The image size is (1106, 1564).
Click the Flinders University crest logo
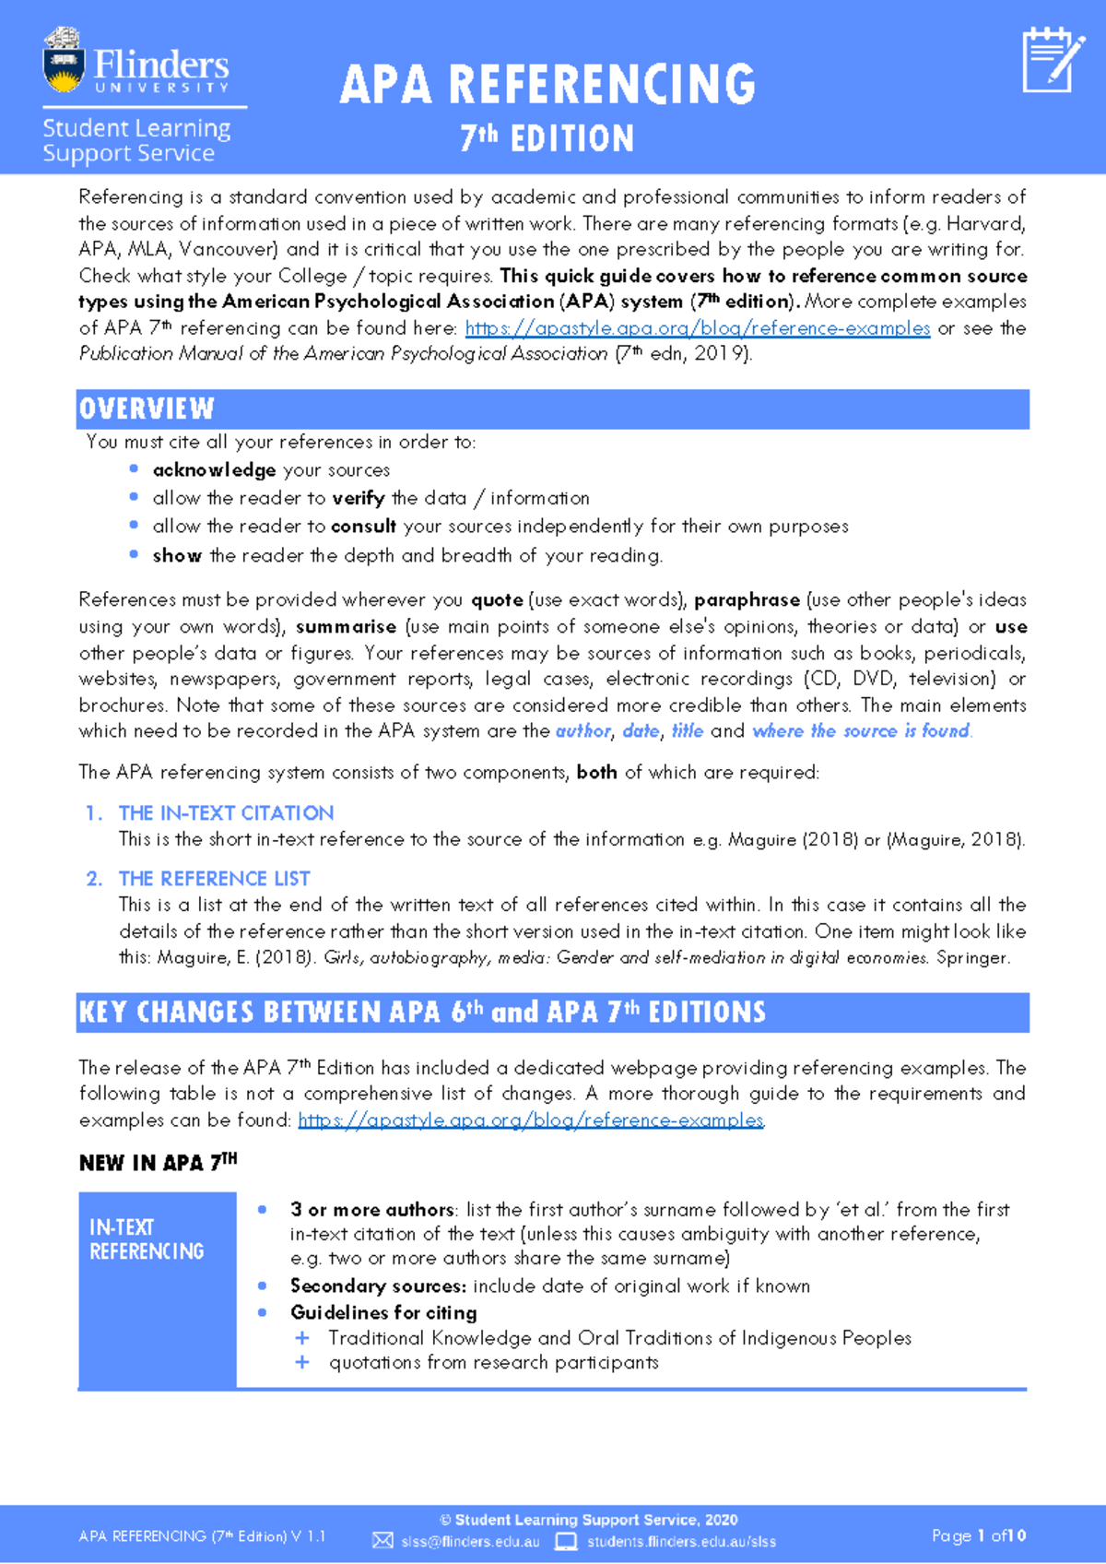pos(64,61)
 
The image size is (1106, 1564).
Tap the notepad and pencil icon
pos(1053,61)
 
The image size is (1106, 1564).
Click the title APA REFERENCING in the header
pos(547,85)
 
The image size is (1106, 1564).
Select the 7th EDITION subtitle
pos(547,139)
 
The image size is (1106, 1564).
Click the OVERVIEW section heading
pos(147,409)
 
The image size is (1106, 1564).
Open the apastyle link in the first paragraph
pos(697,328)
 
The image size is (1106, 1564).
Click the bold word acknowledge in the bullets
pos(214,470)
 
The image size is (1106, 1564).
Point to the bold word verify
pos(359,498)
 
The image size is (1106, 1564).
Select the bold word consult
pos(363,527)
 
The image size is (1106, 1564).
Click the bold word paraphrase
pos(747,600)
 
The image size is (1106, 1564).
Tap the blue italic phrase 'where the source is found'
pos(861,731)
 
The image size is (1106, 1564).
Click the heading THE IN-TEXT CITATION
pos(226,813)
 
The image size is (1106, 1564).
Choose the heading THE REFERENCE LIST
pos(214,879)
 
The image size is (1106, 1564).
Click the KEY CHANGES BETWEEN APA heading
pos(422,1013)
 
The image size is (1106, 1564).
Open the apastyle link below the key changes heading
pos(531,1120)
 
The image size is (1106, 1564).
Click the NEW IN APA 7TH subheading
pos(158,1163)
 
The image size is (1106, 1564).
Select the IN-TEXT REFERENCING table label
pos(147,1239)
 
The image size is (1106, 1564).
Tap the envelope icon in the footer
pos(382,1541)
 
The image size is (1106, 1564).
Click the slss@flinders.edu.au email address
pos(470,1542)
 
